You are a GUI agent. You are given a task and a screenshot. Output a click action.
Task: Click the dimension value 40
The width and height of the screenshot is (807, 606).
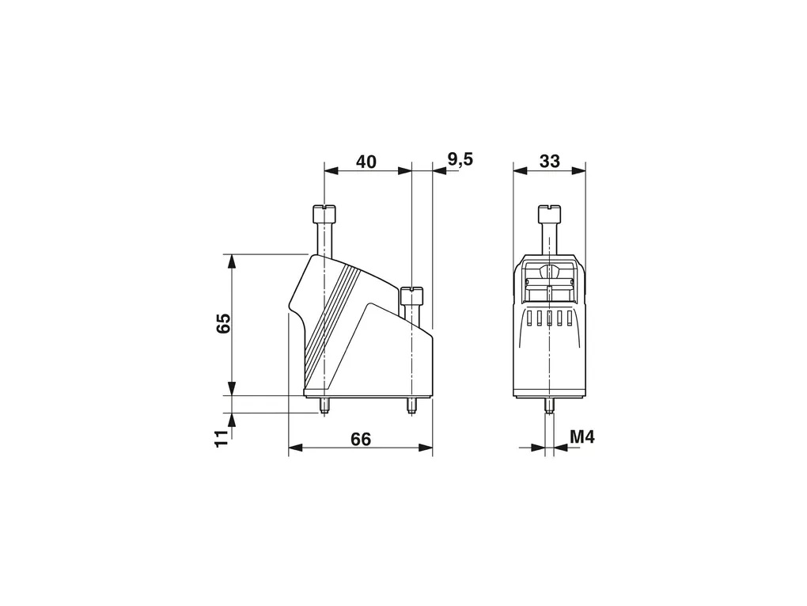[x=366, y=162]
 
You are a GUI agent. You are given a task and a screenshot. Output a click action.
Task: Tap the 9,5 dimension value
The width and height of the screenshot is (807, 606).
[x=460, y=160]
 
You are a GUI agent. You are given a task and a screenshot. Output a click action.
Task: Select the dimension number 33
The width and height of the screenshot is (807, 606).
[x=550, y=162]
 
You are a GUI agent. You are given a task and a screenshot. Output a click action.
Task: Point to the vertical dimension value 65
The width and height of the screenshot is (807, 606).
[x=223, y=324]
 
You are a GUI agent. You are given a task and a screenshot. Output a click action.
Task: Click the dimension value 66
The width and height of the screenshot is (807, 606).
[x=361, y=440]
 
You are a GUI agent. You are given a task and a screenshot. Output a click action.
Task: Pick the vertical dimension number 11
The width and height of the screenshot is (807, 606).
[x=222, y=438]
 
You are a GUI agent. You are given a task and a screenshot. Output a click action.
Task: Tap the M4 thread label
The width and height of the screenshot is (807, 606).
[x=582, y=437]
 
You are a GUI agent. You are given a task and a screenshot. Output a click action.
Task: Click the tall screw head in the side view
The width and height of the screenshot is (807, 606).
[x=324, y=213]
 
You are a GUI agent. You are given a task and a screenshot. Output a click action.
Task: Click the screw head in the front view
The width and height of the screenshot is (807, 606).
[x=550, y=213]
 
